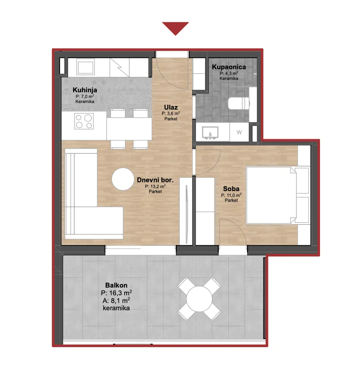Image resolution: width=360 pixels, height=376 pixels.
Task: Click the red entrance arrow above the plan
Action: [175, 28]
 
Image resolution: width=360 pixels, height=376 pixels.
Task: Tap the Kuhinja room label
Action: [85, 90]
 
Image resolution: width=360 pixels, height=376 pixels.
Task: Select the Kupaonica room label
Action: [229, 67]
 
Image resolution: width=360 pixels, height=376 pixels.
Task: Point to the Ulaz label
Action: [171, 107]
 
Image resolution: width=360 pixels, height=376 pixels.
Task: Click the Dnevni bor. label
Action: [155, 180]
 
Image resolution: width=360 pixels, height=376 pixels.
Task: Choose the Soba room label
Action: [231, 189]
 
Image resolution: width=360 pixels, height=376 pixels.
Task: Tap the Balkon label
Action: [116, 285]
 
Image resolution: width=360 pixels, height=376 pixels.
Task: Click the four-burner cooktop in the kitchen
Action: [84, 121]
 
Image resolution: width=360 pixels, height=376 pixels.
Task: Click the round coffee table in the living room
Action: [123, 179]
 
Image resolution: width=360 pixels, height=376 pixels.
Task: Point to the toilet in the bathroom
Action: [239, 103]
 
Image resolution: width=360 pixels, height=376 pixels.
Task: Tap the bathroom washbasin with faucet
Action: [210, 133]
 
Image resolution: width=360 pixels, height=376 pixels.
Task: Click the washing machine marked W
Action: [239, 132]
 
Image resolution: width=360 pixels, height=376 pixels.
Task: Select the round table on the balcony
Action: [199, 299]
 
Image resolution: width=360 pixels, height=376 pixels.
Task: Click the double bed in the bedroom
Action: [278, 195]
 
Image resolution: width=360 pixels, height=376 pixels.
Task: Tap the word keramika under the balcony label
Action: [116, 308]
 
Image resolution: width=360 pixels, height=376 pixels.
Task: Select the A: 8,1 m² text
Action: [116, 301]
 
